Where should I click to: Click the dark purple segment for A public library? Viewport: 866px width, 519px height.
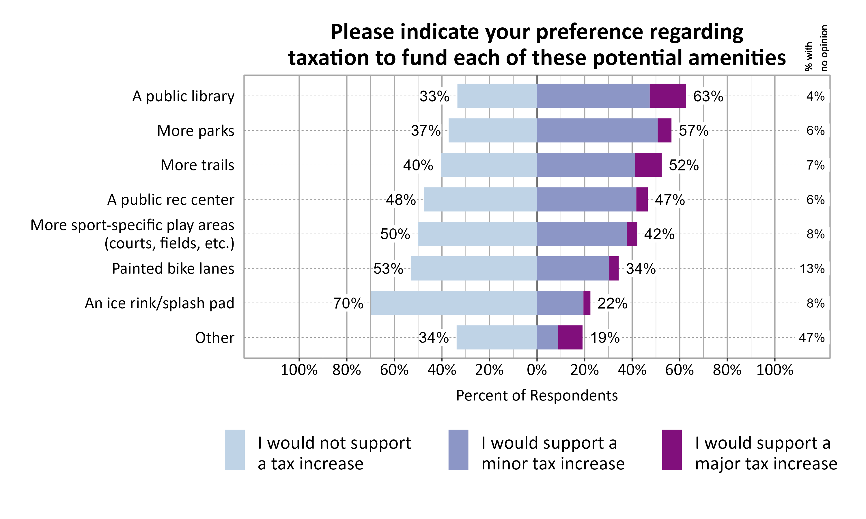667,96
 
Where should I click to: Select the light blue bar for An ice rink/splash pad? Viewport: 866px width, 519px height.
454,303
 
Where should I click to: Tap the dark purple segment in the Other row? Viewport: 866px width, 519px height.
570,337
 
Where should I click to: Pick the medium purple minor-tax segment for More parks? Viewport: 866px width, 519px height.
597,130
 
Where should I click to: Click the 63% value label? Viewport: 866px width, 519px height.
708,96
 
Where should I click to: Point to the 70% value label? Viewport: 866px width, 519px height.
348,303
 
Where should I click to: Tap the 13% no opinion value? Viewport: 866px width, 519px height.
812,269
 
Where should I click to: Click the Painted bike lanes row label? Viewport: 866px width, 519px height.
173,269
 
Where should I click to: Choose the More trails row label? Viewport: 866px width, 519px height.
197,165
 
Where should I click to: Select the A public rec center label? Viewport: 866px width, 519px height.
171,200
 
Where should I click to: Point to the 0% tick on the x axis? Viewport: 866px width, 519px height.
537,370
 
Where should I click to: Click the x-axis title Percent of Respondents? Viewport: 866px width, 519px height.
537,396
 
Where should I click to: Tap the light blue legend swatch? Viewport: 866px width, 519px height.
234,450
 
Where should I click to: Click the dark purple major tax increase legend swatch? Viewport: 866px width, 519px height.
671,450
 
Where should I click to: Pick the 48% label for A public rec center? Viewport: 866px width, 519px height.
400,200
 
